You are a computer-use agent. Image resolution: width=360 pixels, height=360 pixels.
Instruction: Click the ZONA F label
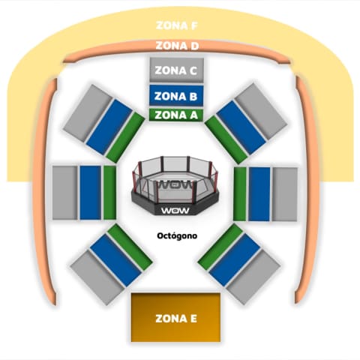point(177,25)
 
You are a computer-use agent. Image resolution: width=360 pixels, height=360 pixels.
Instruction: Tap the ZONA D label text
point(177,46)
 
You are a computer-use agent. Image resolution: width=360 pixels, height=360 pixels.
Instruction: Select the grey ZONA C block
point(176,70)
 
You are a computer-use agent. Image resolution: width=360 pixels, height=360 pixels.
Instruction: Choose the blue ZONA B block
point(176,96)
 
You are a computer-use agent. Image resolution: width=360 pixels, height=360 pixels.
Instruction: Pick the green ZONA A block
point(176,115)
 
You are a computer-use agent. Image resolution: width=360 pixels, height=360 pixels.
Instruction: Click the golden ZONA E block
point(175,317)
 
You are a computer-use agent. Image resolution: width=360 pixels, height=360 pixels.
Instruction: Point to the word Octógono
point(177,235)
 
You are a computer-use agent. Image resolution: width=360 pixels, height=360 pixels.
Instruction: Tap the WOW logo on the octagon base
point(175,211)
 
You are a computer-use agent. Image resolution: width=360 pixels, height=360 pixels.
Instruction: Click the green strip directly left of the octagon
point(109,193)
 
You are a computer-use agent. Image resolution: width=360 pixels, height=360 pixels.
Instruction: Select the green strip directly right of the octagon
point(240,194)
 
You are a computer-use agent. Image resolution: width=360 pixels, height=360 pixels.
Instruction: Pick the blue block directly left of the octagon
point(90,193)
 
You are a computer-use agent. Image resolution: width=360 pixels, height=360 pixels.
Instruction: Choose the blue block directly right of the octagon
point(259,194)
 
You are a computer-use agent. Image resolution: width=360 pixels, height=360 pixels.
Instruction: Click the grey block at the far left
point(64,193)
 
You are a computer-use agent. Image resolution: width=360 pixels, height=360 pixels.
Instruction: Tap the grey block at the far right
point(285,194)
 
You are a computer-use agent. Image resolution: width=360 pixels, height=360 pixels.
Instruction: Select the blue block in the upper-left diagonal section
point(109,127)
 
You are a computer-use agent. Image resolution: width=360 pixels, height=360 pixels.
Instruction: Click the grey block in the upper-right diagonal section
point(261,112)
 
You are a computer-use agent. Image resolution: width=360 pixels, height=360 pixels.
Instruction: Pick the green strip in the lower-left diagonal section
point(130,247)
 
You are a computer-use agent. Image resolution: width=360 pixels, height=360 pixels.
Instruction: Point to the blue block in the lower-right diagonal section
point(235,260)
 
